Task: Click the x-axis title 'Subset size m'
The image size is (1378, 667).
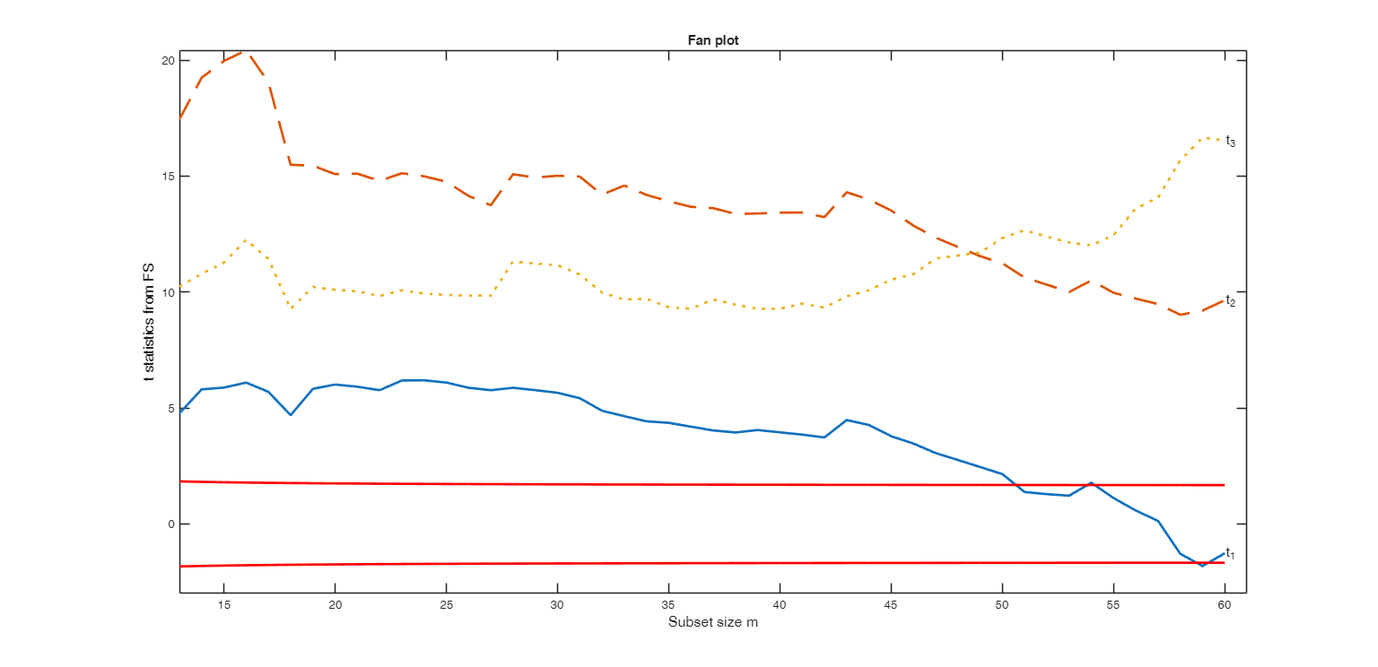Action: pyautogui.click(x=713, y=622)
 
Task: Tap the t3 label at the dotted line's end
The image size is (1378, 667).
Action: pyautogui.click(x=1231, y=142)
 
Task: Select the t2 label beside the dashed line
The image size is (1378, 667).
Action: pyautogui.click(x=1231, y=301)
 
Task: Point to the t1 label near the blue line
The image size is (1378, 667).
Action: pyautogui.click(x=1231, y=554)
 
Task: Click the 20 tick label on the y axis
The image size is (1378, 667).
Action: pyautogui.click(x=167, y=60)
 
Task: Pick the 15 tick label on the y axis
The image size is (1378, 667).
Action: pyautogui.click(x=167, y=176)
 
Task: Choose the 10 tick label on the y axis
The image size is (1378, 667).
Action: pyautogui.click(x=167, y=292)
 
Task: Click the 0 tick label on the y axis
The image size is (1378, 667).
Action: pyautogui.click(x=170, y=524)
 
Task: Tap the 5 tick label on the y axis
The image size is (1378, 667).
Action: pyautogui.click(x=170, y=408)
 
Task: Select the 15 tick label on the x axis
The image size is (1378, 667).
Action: pyautogui.click(x=224, y=606)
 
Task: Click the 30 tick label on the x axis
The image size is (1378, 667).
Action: pyautogui.click(x=558, y=606)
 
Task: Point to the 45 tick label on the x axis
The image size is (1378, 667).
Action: pyautogui.click(x=891, y=606)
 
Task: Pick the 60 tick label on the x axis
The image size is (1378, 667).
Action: pyautogui.click(x=1225, y=606)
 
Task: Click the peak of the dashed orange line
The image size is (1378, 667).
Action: pyautogui.click(x=247, y=52)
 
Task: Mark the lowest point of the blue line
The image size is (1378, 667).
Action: pyautogui.click(x=1202, y=566)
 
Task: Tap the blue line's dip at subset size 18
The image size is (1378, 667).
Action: pyautogui.click(x=291, y=414)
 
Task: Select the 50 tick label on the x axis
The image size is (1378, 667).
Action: pyautogui.click(x=1002, y=606)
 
